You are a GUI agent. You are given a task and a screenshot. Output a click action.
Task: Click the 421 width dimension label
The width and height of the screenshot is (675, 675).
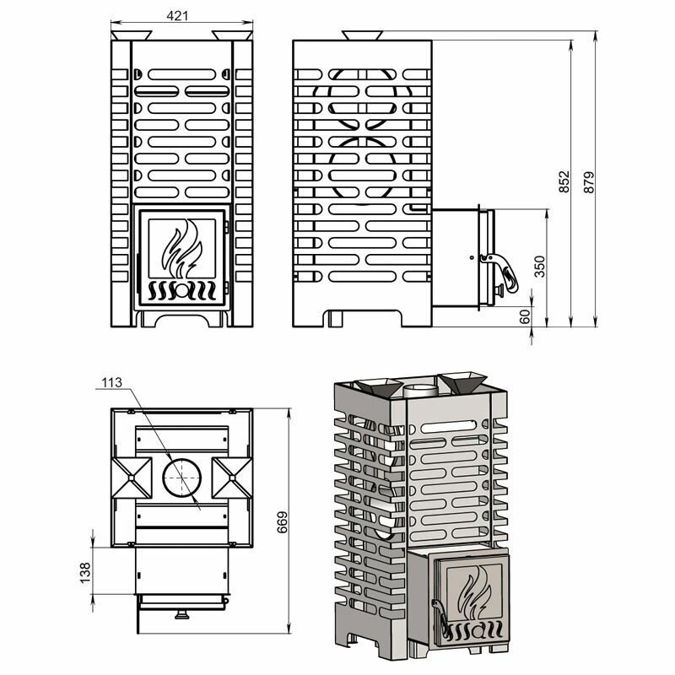(177, 16)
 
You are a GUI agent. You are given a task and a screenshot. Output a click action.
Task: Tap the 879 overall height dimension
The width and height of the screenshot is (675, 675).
(588, 181)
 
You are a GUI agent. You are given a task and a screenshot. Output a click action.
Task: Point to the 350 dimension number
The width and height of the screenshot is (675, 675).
(539, 266)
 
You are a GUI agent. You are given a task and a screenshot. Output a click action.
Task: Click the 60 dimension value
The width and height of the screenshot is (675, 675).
(525, 317)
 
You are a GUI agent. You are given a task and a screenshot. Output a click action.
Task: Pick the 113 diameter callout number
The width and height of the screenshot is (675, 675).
(112, 382)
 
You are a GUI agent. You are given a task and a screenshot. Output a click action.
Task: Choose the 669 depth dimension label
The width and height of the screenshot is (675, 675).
(283, 521)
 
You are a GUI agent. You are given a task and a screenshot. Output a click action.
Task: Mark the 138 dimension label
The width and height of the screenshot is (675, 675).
(85, 573)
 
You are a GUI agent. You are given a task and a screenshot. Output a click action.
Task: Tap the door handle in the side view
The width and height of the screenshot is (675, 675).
(502, 271)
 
